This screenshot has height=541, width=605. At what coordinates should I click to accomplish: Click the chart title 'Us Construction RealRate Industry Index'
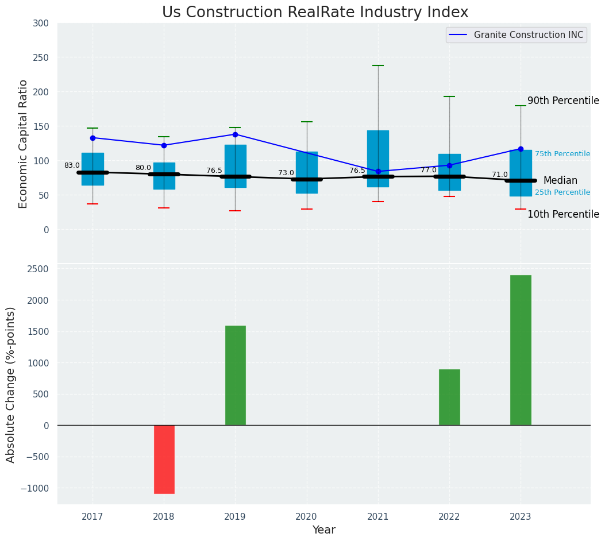click(x=315, y=13)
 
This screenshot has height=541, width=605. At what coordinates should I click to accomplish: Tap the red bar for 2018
click(x=164, y=459)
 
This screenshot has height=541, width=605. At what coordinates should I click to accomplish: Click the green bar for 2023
click(x=521, y=350)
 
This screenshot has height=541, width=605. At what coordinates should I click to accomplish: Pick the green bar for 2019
click(x=235, y=376)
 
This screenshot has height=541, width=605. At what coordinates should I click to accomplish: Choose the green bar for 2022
click(x=449, y=397)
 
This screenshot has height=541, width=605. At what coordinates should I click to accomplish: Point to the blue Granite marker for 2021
click(x=378, y=172)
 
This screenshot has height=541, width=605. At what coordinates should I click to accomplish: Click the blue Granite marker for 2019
click(x=235, y=134)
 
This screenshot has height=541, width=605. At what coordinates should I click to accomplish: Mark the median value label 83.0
click(x=72, y=165)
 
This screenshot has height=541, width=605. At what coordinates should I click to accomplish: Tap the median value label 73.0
click(x=286, y=173)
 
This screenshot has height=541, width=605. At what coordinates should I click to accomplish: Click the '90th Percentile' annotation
click(x=563, y=101)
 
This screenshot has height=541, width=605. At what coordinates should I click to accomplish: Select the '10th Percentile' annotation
click(x=563, y=214)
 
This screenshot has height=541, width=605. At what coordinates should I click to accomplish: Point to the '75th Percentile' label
click(x=562, y=154)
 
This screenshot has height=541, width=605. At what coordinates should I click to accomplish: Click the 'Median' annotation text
click(x=560, y=180)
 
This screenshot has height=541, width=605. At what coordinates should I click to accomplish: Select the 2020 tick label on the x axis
click(x=306, y=517)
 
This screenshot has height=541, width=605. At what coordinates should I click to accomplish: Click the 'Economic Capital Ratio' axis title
click(x=24, y=144)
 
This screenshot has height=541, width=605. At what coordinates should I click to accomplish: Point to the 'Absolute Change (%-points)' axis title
click(x=11, y=384)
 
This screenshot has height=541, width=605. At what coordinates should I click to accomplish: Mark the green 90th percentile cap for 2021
click(x=378, y=65)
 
